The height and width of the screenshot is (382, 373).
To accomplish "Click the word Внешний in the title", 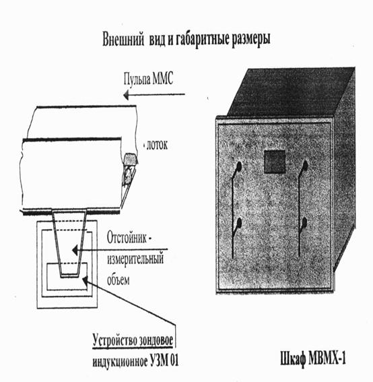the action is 123,39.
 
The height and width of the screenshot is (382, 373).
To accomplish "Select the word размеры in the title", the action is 251,40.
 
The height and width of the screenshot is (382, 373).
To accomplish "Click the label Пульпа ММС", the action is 148,79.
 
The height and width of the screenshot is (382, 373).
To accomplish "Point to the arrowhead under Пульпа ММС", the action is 126,94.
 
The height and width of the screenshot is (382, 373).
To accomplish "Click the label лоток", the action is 157,145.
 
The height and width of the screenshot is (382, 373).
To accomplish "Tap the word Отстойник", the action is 127,238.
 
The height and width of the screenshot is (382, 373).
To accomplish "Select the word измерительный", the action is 135,259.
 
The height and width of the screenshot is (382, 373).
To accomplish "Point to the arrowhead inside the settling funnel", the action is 75,250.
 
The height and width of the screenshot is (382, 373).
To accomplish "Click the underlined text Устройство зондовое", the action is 133,340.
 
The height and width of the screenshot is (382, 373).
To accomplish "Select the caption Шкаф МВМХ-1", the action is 313,358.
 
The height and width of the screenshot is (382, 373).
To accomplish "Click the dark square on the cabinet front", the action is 275,162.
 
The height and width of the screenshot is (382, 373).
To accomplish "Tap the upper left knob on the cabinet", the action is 238,166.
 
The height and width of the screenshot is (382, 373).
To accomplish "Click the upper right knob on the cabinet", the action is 304,166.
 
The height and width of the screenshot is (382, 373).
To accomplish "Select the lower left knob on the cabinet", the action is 239,223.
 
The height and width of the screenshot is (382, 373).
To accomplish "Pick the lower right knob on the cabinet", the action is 304,222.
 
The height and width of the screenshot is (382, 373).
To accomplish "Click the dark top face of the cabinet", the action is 290,92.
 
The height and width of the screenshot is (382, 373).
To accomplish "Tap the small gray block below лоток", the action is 131,158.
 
